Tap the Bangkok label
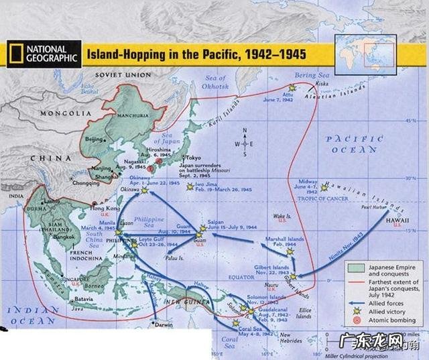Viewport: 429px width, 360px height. [64, 236]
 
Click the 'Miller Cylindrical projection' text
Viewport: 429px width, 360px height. [359, 353]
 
